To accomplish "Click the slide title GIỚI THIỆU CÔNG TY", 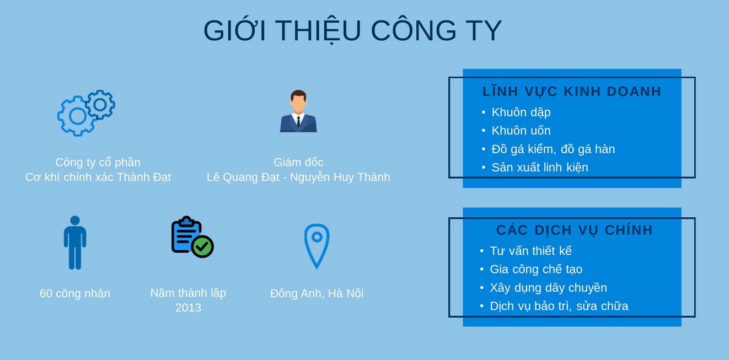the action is (352, 30).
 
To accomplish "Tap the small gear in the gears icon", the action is (100, 105).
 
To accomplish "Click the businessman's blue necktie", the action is (298, 121).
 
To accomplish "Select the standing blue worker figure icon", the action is (75, 243).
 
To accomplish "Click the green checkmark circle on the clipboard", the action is (202, 246).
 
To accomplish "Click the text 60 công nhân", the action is (75, 293).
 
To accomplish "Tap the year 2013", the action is (188, 308).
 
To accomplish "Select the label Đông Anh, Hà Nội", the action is (317, 293).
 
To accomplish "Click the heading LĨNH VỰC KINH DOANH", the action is (572, 91).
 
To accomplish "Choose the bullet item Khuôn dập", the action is (521, 112).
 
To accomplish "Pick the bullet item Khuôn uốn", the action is (521, 131).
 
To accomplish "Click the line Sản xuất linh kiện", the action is (540, 167).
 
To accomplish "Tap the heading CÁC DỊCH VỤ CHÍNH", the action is (575, 230).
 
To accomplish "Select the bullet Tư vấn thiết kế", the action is (530, 251).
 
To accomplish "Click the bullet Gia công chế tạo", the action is (536, 269).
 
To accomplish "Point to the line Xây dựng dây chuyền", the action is (548, 288).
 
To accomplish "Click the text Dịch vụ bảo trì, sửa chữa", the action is (559, 306).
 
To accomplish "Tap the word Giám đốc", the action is (298, 162).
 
